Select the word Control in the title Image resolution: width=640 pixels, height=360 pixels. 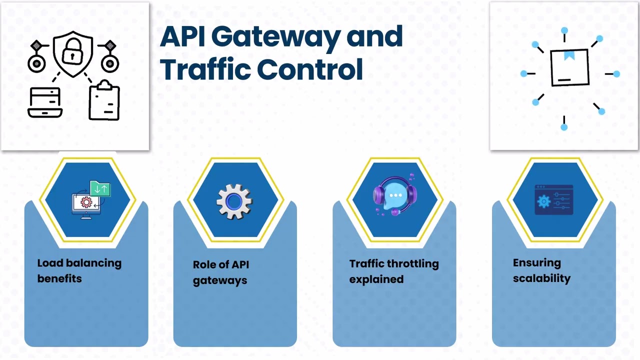[310, 69]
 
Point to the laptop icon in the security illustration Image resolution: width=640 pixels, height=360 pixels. [44, 102]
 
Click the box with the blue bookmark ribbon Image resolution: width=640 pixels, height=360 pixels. [569, 67]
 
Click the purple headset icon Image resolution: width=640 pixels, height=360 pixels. [394, 196]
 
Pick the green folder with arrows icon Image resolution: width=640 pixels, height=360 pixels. [100, 188]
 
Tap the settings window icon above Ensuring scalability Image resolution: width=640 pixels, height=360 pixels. [553, 200]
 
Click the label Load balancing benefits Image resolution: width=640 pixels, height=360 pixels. [79, 270]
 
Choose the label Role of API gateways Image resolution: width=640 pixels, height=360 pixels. [220, 272]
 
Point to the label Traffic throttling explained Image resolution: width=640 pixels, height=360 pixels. [393, 271]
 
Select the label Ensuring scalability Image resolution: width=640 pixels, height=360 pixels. [541, 270]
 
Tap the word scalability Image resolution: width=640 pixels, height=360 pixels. [541, 278]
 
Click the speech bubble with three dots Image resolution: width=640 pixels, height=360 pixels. [395, 196]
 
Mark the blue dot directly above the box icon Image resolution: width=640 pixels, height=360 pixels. [564, 30]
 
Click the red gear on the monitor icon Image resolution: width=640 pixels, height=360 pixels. [86, 202]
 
